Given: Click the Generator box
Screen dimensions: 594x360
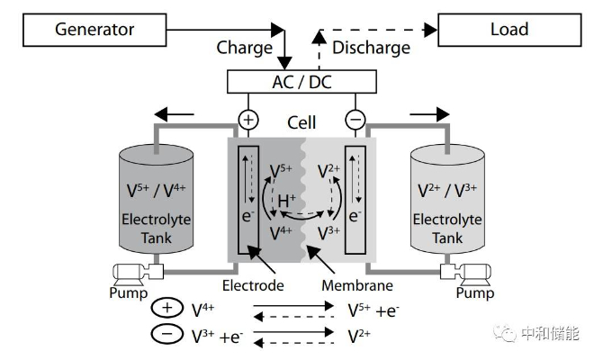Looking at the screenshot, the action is [x=94, y=30].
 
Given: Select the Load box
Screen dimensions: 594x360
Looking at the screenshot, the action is [x=509, y=30].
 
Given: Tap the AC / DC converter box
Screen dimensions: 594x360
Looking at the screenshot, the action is [x=301, y=82].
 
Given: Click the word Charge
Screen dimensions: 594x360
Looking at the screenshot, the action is [x=245, y=48].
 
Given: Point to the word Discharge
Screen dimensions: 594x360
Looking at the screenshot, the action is [x=371, y=48].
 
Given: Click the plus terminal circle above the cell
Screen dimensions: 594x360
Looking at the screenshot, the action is [x=248, y=120].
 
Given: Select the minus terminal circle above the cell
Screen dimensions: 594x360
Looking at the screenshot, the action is [x=355, y=120].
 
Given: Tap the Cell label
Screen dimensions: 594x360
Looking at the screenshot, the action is [x=301, y=122].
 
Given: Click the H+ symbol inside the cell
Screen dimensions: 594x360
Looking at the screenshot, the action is [x=286, y=200].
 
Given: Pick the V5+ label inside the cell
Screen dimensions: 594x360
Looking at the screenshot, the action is [x=281, y=171].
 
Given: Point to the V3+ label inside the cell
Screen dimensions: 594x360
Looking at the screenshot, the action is [x=328, y=233].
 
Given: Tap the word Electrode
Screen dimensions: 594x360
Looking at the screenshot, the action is [x=253, y=285].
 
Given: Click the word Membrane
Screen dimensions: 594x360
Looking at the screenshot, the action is [x=357, y=285].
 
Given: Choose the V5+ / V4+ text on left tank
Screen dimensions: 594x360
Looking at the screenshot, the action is [x=156, y=190].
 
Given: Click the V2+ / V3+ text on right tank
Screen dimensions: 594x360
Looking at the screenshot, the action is [x=447, y=190].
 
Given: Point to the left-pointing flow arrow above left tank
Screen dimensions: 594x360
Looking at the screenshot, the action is [x=175, y=114].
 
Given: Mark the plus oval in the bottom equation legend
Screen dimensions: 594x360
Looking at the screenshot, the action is [x=167, y=308].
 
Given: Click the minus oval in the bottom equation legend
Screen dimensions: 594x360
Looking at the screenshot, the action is [x=167, y=334].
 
